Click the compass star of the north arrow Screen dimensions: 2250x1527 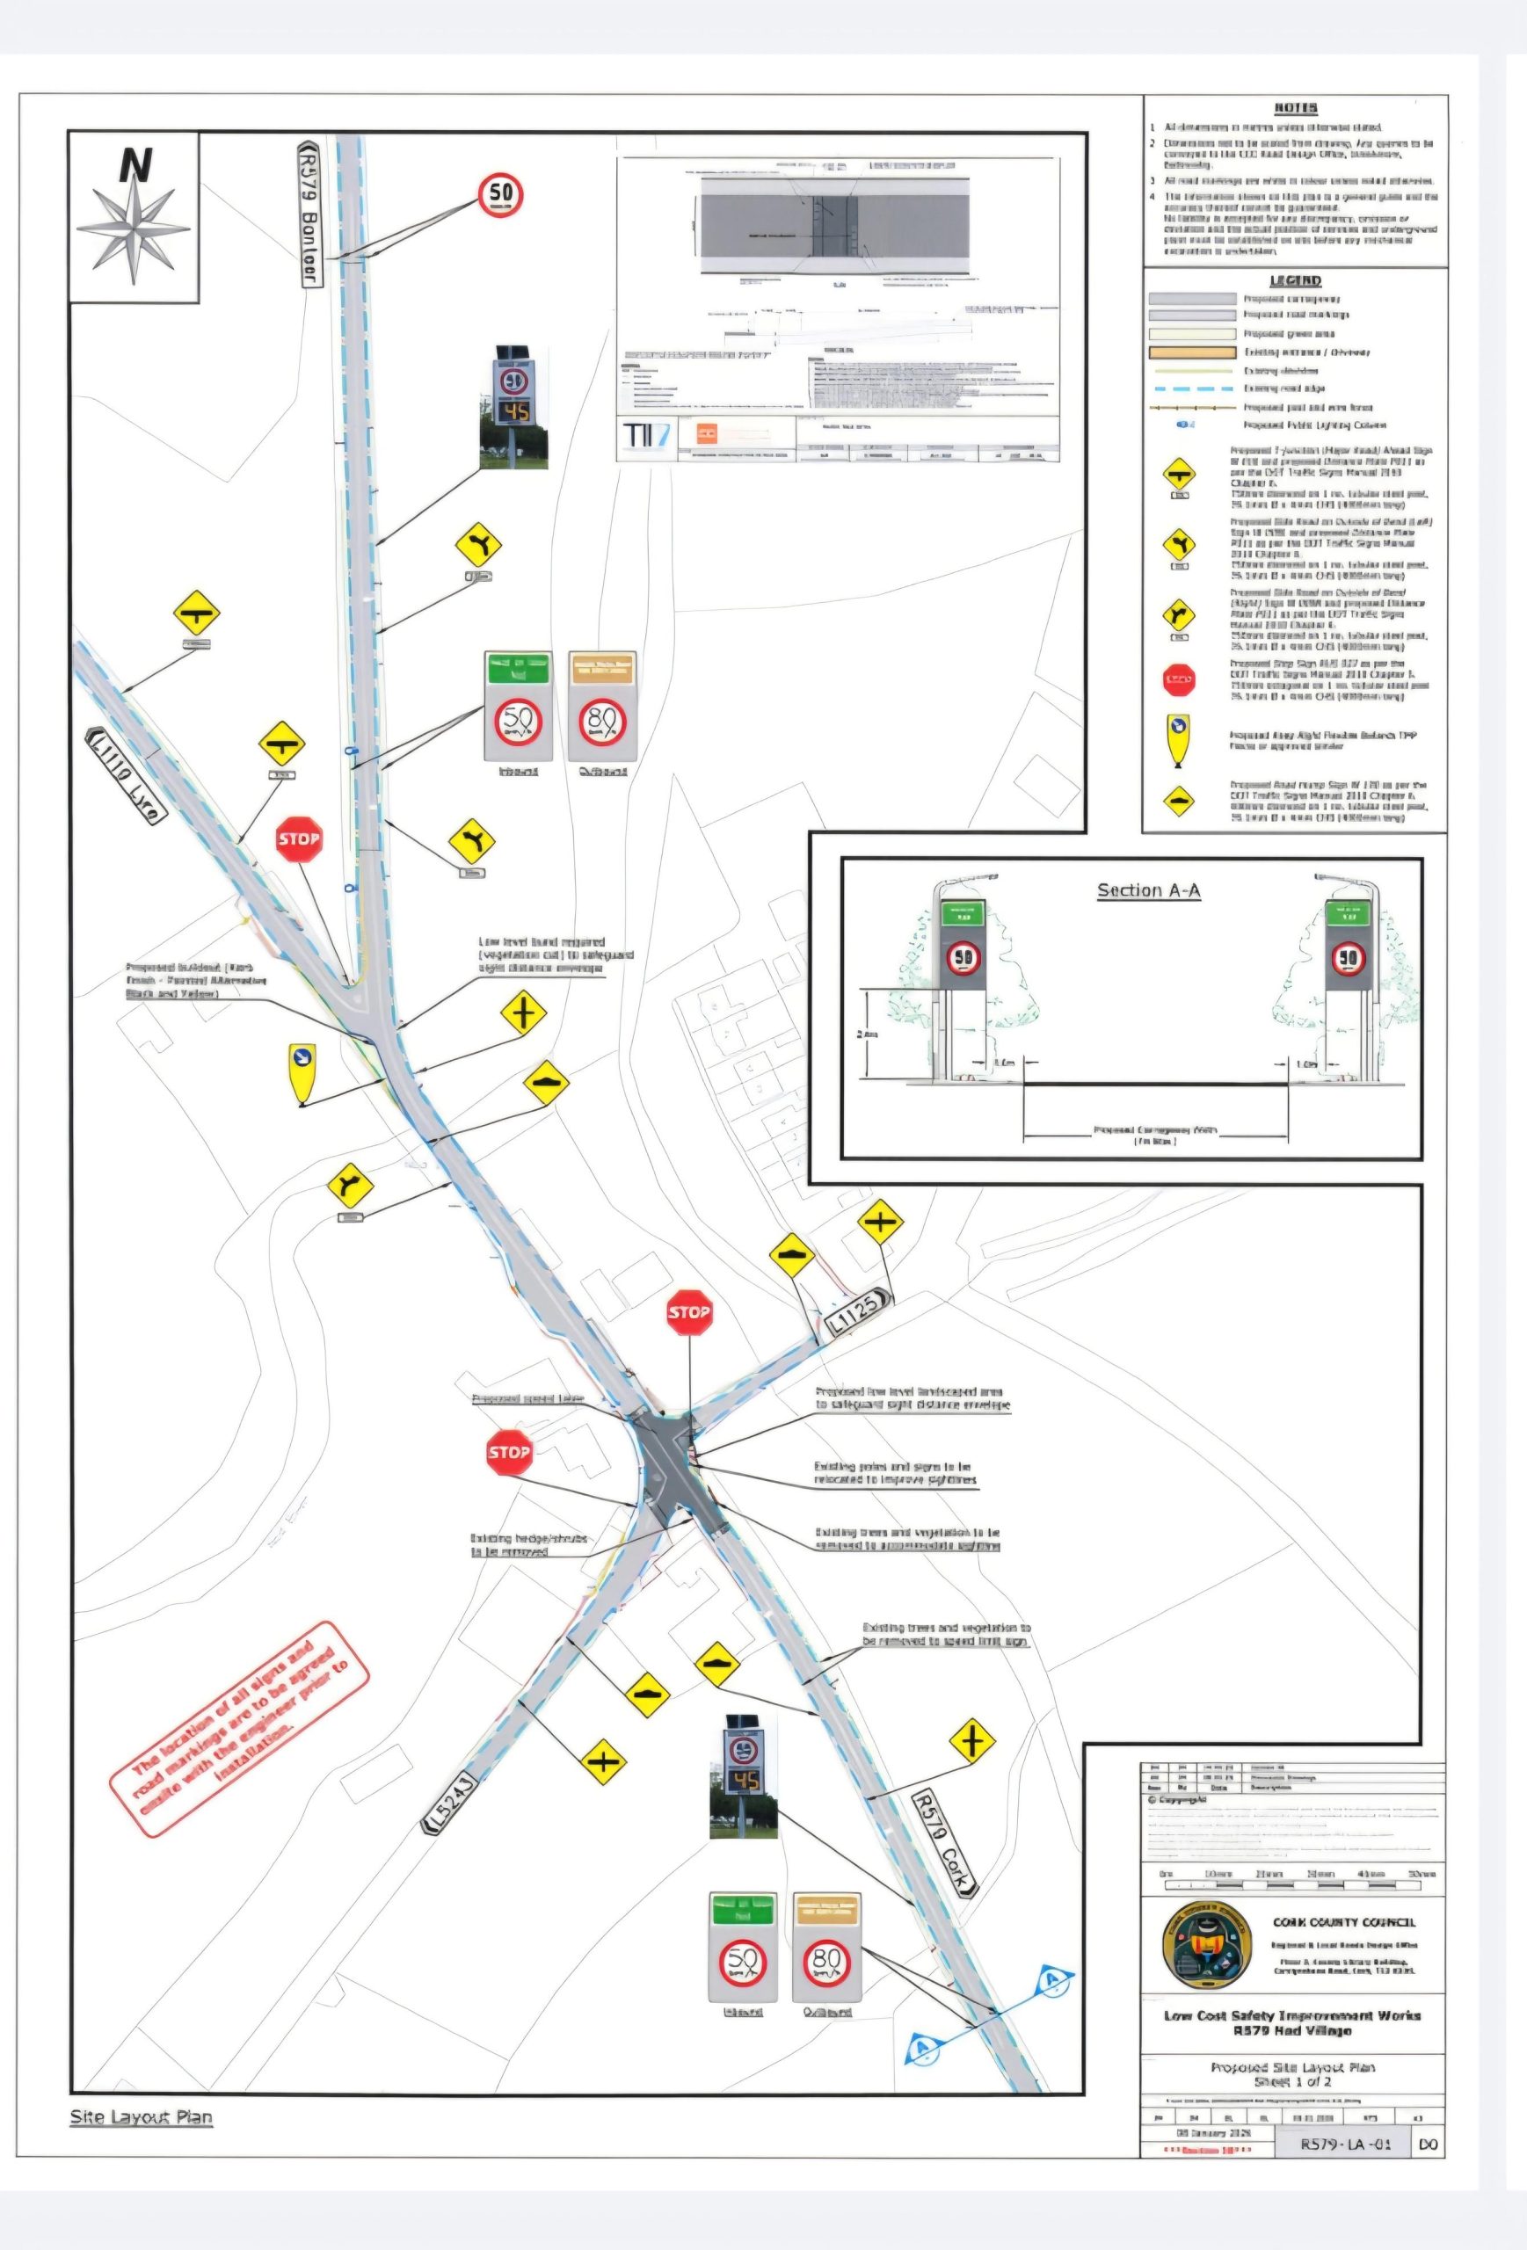134,230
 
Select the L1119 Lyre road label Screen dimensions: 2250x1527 124,774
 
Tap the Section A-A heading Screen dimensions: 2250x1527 1148,889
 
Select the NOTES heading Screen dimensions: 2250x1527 1295,108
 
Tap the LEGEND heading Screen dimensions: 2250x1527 1295,280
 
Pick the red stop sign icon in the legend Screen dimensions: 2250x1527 1178,679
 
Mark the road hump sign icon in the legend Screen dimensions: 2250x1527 1178,801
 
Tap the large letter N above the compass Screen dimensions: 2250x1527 135,164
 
